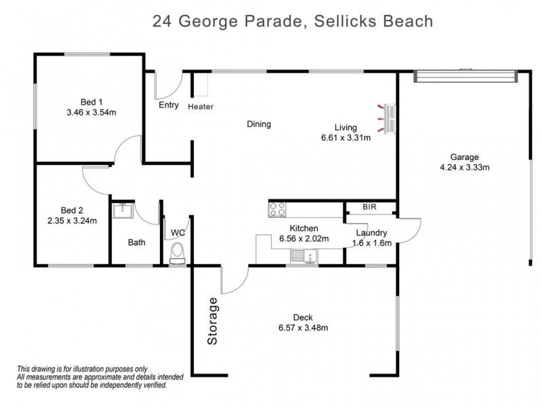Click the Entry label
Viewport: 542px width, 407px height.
coord(169,105)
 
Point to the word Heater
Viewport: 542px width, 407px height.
coord(201,106)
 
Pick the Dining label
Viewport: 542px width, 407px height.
coord(259,124)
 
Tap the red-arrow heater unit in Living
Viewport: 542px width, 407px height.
coord(388,118)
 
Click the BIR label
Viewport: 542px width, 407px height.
coord(369,208)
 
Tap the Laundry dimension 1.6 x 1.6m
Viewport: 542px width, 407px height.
coord(371,244)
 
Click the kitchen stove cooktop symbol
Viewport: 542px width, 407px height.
coord(276,210)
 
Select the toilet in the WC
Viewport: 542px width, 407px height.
coord(178,254)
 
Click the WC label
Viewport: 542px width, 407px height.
coord(178,233)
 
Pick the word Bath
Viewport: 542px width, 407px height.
coord(136,242)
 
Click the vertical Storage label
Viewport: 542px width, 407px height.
coord(213,322)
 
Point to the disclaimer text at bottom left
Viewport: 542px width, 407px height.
coord(91,375)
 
